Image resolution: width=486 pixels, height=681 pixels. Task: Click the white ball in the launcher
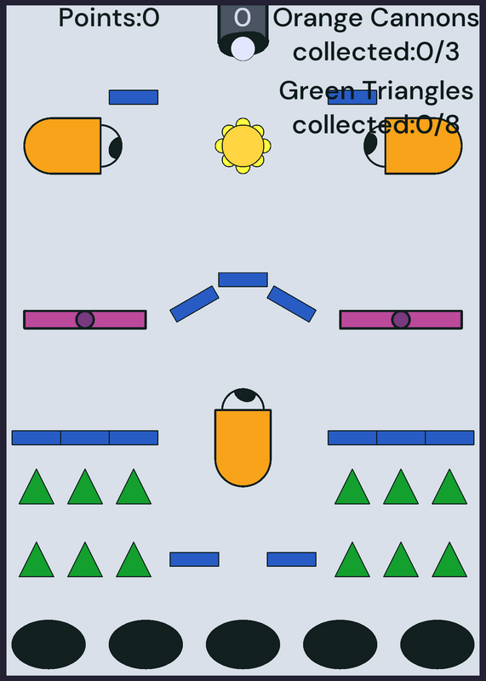(243, 49)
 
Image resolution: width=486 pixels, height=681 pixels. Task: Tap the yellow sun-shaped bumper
(243, 146)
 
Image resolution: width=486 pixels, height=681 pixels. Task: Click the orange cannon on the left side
(73, 146)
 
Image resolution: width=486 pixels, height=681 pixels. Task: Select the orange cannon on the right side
(413, 146)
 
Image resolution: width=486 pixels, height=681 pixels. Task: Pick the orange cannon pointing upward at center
(243, 438)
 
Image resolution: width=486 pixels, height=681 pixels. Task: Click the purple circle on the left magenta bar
(85, 320)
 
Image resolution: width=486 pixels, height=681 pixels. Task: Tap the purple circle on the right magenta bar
(401, 320)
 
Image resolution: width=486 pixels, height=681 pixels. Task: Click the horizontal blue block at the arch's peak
(243, 280)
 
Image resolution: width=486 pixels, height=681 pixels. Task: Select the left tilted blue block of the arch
(194, 304)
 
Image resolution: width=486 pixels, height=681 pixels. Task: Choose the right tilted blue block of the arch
(291, 304)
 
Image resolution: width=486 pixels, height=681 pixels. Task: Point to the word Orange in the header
(318, 19)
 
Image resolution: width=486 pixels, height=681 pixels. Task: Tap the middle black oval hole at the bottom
(243, 644)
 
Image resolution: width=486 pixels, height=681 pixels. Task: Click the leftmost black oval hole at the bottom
(49, 644)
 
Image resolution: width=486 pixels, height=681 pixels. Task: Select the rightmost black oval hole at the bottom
(437, 644)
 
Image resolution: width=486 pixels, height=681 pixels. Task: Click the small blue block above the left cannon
(134, 97)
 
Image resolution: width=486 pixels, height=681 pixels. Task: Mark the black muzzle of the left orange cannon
(116, 147)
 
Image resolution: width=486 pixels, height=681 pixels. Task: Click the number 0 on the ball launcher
(243, 18)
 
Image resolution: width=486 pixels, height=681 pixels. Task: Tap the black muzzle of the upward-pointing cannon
(245, 395)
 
